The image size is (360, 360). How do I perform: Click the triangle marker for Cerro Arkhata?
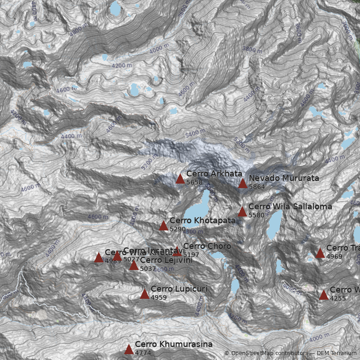pos(180,179)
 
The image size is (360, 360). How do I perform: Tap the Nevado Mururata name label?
pos(283,178)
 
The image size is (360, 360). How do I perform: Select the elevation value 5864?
pos(256,187)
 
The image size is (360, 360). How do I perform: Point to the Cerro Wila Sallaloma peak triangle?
pos(242,212)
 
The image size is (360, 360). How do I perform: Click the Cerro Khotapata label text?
pos(202,220)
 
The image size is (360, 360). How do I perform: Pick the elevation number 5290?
pos(177,229)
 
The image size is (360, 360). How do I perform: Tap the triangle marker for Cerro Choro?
pos(177,252)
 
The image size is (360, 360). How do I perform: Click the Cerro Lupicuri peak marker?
pos(144,294)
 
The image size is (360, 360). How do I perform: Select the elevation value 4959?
pos(158,297)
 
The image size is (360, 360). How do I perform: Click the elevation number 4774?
pos(143,353)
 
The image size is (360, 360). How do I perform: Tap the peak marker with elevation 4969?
pos(320,253)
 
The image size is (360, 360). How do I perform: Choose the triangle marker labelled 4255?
pos(324,295)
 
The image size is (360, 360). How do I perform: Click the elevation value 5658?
pos(194,182)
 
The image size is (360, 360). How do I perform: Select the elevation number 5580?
pos(256,215)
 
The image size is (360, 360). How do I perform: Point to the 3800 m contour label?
pos(252,49)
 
